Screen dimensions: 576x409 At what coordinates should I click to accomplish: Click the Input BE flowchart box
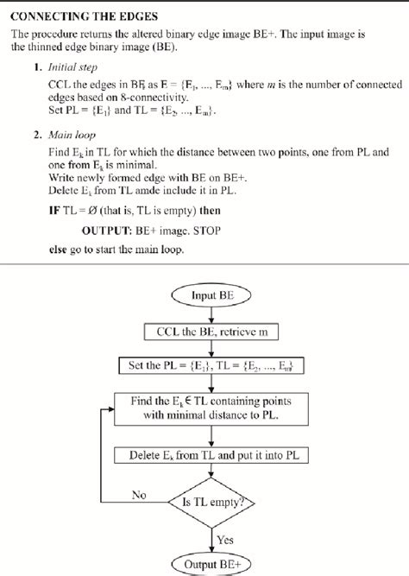[211, 296]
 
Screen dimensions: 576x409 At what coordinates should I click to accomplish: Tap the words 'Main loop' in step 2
[72, 136]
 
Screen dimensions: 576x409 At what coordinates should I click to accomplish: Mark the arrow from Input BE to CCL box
[211, 314]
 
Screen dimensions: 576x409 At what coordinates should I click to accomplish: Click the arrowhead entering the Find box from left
[110, 406]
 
